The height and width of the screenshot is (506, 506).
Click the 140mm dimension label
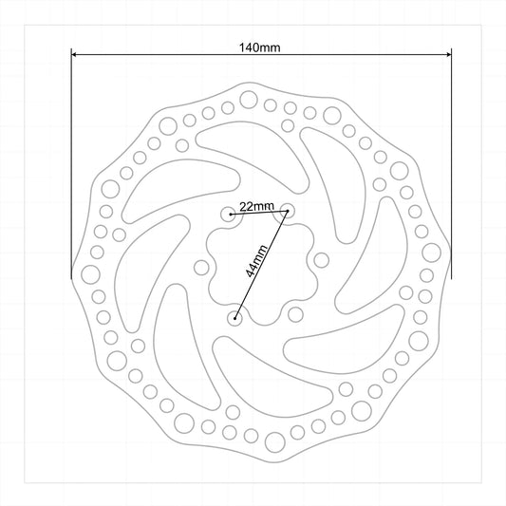tap(259, 47)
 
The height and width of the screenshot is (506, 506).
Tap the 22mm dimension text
tap(256, 206)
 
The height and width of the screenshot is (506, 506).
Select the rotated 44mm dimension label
tap(256, 261)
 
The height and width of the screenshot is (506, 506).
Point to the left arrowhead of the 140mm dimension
tap(74, 54)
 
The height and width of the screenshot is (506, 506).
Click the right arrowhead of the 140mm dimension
tap(448, 54)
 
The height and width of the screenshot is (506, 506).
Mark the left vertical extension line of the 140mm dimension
tap(71, 163)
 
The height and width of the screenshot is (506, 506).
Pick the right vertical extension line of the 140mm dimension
tap(451, 163)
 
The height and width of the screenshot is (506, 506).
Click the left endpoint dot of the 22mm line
tap(231, 215)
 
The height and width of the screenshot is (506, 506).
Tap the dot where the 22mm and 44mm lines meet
tap(288, 211)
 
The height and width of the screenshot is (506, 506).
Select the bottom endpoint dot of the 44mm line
tap(235, 319)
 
